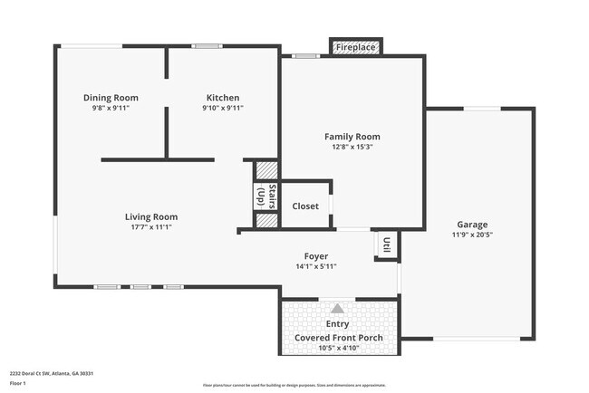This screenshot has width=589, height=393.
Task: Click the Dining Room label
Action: coord(111,98)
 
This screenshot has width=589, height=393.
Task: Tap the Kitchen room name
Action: coord(222,98)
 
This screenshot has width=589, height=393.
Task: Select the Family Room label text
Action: coord(352,137)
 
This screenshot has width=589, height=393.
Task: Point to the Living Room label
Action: coord(151,216)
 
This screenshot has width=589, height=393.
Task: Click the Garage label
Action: coord(472,225)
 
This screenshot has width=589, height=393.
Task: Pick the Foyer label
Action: coord(316,256)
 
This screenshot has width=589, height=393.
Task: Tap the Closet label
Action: coord(305,206)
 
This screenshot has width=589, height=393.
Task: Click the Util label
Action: coord(387,244)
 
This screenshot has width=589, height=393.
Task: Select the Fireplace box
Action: coord(355,47)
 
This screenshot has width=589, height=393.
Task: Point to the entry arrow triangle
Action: coord(338,308)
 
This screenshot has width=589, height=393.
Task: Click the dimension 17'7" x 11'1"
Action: coord(151,227)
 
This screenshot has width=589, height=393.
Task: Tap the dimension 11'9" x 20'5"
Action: coord(472,235)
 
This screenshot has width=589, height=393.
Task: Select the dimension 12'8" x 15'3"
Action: coord(352,147)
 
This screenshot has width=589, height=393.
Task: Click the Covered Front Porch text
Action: coord(339,338)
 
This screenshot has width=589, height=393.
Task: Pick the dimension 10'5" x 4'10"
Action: coord(339,348)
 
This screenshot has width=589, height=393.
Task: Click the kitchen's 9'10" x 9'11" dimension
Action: coord(222,108)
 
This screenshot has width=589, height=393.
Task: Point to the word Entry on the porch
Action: coord(337,323)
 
